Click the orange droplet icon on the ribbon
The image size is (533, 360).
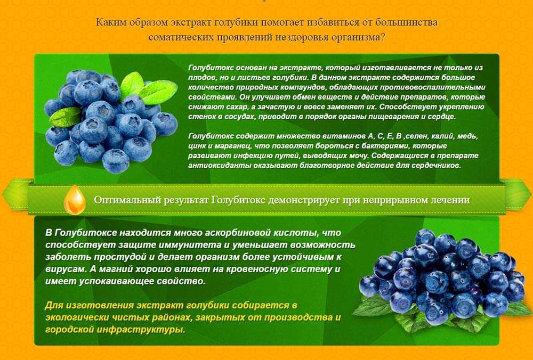[x=75, y=200]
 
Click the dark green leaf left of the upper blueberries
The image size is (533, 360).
[x=65, y=117]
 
